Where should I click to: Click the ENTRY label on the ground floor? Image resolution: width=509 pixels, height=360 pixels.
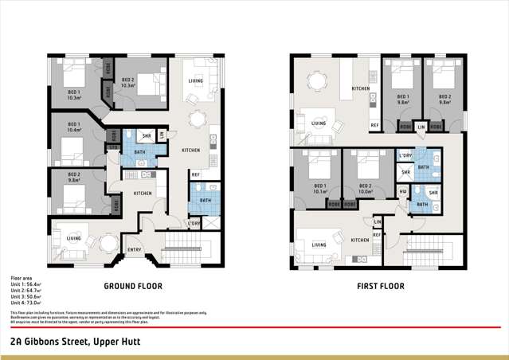135,250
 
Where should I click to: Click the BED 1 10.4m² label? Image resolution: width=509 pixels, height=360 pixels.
73,127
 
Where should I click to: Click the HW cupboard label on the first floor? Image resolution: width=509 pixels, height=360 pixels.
403,191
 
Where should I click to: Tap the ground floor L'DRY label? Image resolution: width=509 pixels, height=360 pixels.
194,223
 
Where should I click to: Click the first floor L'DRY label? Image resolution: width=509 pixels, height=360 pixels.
405,156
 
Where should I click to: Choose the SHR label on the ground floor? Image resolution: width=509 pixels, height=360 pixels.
146,135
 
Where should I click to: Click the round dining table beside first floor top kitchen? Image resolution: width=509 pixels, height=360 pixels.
317,80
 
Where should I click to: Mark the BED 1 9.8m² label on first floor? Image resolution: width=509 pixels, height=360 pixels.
403,100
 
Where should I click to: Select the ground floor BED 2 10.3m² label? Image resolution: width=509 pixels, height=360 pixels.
127,83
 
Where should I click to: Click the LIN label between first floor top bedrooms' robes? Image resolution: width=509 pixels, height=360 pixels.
421,127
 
